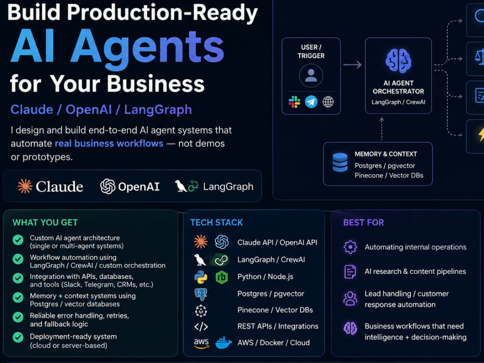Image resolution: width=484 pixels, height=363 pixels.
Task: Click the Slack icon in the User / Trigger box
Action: pos(294,102)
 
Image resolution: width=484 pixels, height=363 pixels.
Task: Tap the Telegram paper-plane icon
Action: pos(311,102)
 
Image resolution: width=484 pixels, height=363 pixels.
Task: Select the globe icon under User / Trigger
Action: pos(328,102)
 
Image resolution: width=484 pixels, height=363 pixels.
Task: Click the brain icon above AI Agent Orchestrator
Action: pos(398,61)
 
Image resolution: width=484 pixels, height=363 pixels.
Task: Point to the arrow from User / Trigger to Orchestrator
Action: pos(352,65)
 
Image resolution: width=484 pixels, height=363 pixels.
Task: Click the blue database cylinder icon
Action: pos(340,162)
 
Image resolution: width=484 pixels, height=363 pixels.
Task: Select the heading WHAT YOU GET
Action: pos(45,223)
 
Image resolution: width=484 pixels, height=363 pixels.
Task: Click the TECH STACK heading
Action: pos(216,223)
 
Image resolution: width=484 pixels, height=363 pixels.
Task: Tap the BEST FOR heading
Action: pos(363,223)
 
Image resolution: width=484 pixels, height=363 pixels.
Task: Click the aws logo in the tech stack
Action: pos(201,343)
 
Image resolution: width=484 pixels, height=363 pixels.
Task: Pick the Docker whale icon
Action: pos(224,343)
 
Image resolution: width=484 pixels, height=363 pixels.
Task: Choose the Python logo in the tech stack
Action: pos(201,277)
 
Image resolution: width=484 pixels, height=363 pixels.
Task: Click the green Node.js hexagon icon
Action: pos(222,277)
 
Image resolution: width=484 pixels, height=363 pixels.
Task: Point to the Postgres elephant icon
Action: pos(201,294)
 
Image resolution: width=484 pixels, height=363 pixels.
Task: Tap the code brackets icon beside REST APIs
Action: pos(201,327)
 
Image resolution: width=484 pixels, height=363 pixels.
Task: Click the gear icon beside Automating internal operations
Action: pos(350,247)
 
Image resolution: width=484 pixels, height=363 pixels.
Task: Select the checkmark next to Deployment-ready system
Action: pos(18,337)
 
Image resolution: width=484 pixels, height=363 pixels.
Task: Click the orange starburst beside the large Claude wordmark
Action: pos(25,186)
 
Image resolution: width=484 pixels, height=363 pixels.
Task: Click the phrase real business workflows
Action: pos(109,144)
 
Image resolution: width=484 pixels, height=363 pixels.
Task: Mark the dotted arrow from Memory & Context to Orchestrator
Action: pos(382,129)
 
